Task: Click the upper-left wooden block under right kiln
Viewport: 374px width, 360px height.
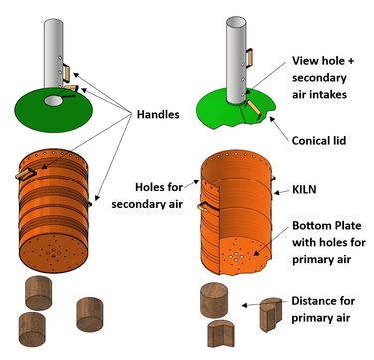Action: pos(220,299)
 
